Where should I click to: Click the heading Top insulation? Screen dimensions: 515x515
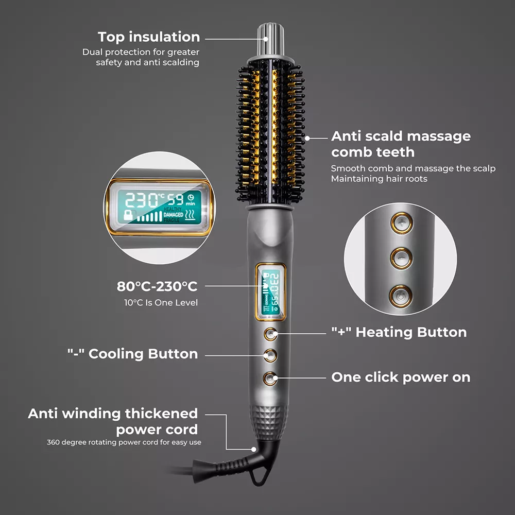(x=149, y=37)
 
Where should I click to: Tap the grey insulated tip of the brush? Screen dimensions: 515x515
(x=271, y=39)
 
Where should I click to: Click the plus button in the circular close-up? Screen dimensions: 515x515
(x=402, y=223)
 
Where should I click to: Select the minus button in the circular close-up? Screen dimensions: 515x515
(x=401, y=258)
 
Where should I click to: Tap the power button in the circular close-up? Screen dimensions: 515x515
(x=400, y=297)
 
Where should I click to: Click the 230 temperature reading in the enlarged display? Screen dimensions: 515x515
(x=141, y=200)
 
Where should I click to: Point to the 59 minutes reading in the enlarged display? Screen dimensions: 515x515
(x=176, y=199)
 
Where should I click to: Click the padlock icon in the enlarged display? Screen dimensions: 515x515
(x=128, y=215)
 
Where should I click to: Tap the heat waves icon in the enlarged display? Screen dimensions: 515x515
(x=190, y=215)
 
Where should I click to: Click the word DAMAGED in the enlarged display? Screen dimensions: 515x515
(x=174, y=214)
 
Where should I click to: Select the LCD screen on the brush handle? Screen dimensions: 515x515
(x=271, y=292)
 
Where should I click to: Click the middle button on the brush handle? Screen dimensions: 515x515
(x=270, y=355)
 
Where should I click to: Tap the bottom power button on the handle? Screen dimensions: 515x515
(x=270, y=379)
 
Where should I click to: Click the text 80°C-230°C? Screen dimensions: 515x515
(x=157, y=286)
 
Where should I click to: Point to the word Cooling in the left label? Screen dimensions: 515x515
(x=116, y=354)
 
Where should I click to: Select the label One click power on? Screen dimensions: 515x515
(x=401, y=377)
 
